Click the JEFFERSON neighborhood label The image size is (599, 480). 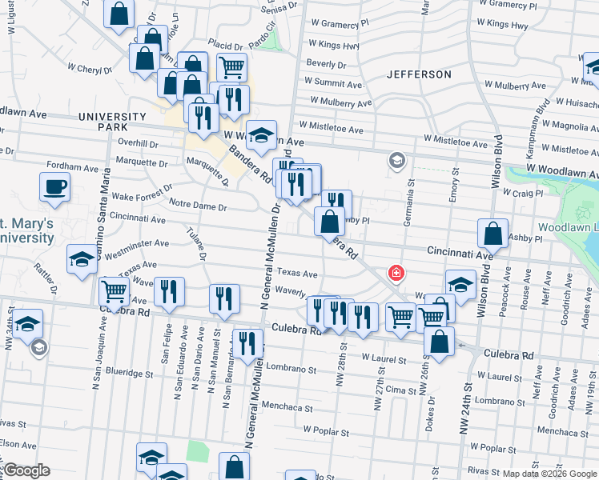point(419,74)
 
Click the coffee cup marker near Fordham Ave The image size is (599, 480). point(54,187)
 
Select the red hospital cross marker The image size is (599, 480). point(395,274)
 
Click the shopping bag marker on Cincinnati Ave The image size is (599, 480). point(492,234)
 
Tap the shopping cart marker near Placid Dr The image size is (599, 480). point(231,66)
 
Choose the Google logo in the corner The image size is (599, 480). point(26,470)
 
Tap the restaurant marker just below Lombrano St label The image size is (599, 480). point(248,343)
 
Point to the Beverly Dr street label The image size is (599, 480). point(325,63)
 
